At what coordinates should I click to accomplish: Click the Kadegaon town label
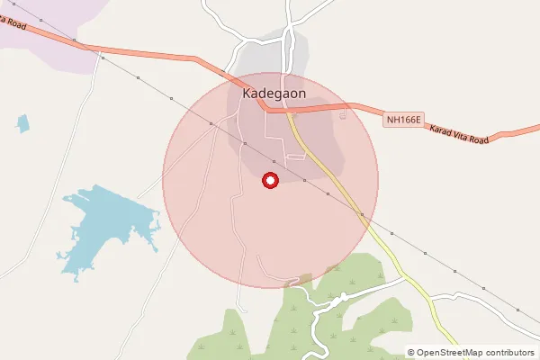click(x=274, y=92)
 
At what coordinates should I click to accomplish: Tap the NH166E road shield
click(x=403, y=119)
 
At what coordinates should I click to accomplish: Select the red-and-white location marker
click(x=269, y=180)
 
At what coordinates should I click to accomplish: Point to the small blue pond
click(x=22, y=122)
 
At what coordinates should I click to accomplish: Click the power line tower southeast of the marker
click(x=304, y=181)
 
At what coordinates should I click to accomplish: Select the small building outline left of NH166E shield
click(x=343, y=114)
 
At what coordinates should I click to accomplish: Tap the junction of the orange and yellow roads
click(x=288, y=111)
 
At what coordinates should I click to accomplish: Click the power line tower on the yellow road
click(x=361, y=215)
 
